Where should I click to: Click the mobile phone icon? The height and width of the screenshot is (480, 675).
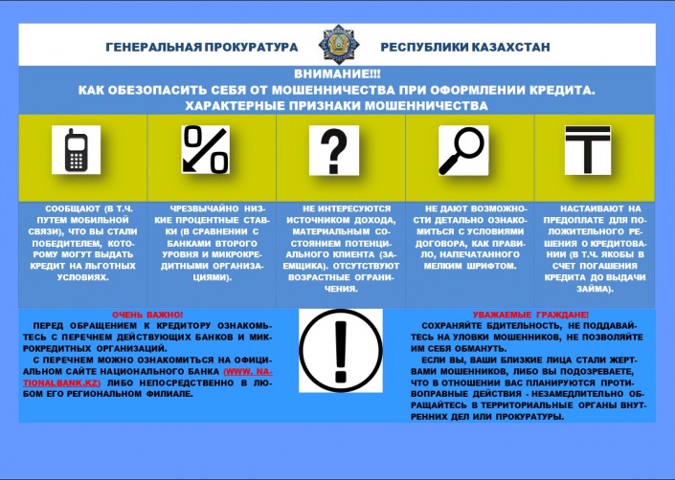click(77, 149)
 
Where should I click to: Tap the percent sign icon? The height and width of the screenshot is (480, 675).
click(205, 149)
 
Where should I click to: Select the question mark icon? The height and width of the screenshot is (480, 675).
click(333, 149)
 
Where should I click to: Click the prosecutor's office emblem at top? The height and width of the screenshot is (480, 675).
click(337, 45)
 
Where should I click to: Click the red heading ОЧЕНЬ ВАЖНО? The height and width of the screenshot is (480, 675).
click(147, 315)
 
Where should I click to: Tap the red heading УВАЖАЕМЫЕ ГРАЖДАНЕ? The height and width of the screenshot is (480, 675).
click(530, 315)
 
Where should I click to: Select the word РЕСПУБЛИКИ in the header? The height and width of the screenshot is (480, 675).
click(427, 47)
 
